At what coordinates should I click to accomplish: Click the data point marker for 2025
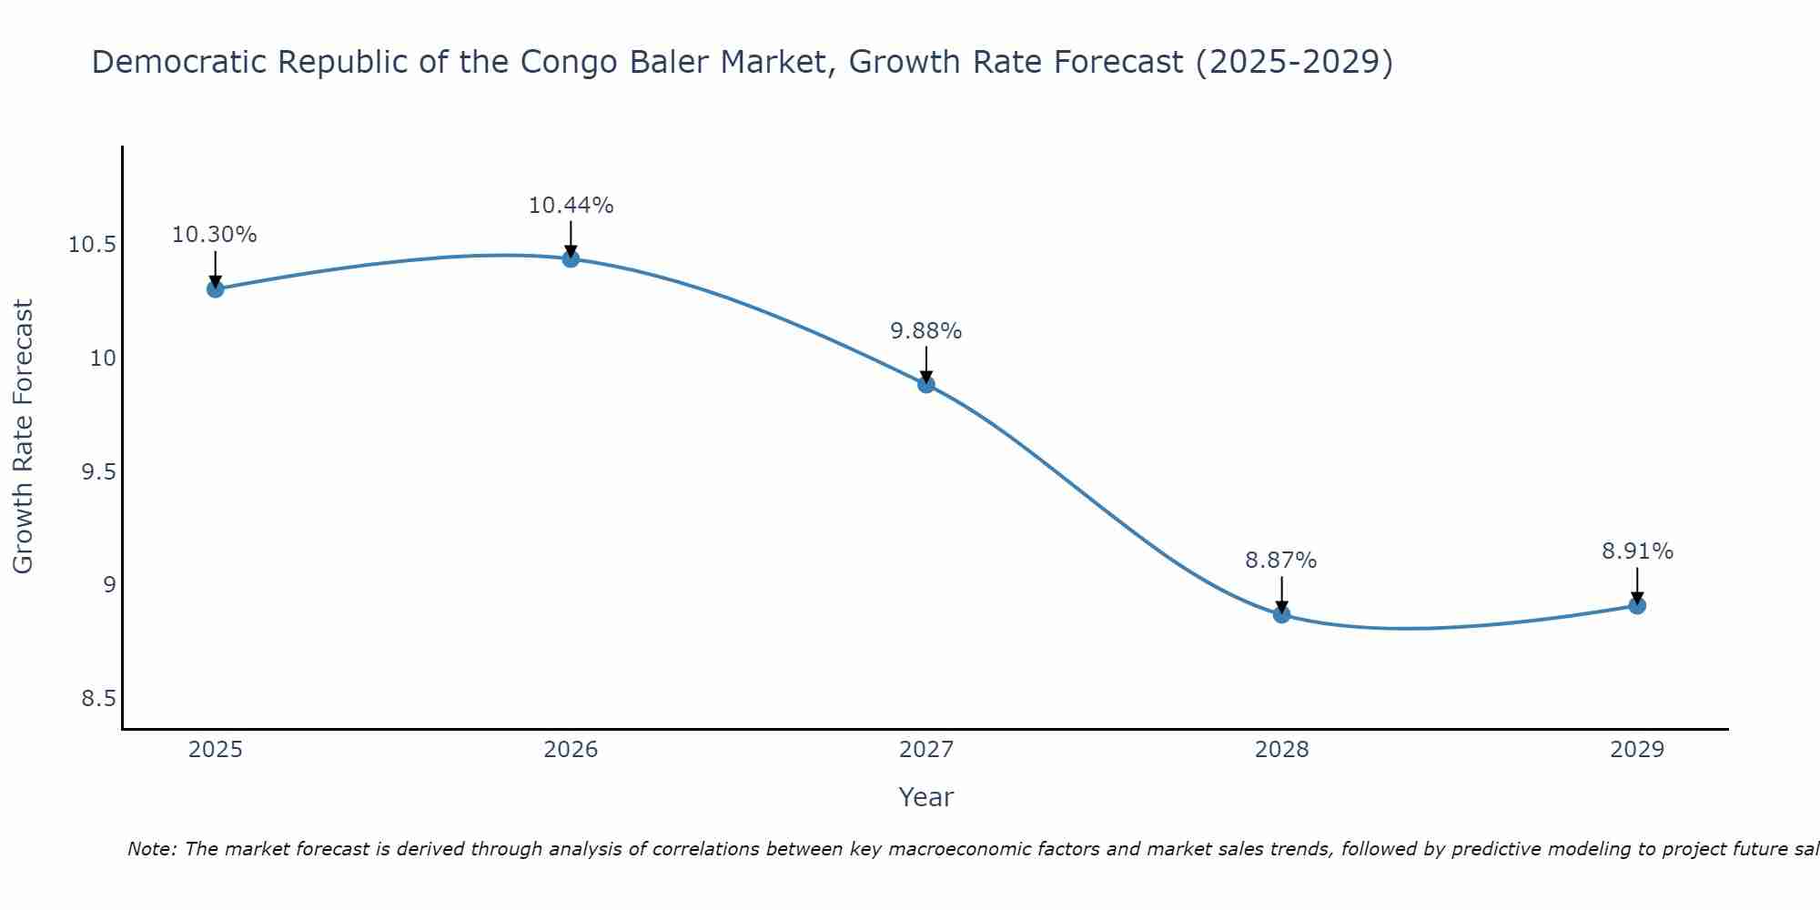pos(216,289)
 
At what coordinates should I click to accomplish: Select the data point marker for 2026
pos(571,258)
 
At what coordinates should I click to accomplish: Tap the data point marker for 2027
pos(926,384)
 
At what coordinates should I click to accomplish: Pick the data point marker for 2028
pos(1281,614)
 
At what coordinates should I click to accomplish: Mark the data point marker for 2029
pos(1637,605)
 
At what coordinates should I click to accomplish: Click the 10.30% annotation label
pos(215,235)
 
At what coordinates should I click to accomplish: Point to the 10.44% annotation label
pos(571,206)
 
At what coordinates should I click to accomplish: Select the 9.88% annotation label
pos(926,331)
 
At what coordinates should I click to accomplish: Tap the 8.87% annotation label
pos(1281,561)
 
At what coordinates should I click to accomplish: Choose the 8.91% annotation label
pos(1637,551)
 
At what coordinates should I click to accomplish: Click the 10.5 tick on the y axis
pos(92,245)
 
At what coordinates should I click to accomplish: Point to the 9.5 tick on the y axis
pos(98,471)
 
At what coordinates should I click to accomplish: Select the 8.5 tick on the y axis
pos(98,699)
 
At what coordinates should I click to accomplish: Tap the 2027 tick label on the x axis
pos(926,750)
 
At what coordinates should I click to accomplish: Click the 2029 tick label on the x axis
pos(1637,750)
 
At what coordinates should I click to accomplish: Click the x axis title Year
pos(926,797)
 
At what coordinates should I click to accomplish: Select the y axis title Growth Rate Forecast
pos(24,437)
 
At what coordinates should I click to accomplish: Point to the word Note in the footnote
pos(152,849)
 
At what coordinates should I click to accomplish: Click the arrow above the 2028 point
pos(1281,594)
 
